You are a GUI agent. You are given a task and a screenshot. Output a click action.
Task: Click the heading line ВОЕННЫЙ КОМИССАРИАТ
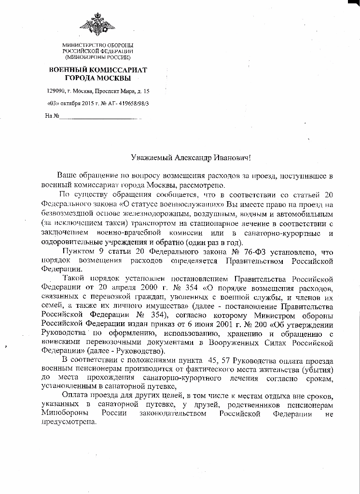98,70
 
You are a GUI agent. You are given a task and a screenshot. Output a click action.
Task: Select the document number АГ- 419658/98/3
128,104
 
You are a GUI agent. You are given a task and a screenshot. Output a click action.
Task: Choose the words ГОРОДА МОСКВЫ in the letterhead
98,78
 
